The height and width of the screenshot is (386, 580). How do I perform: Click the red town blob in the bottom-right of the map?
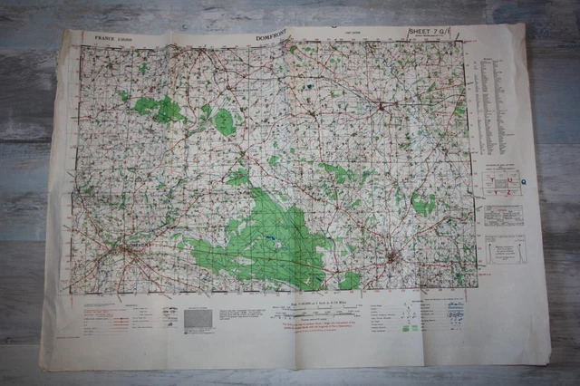pos(392,259)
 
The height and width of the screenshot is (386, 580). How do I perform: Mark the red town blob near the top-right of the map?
pos(382,107)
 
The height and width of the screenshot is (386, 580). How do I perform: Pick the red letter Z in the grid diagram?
pos(508,190)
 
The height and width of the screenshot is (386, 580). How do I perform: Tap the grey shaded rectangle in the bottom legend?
pos(198,319)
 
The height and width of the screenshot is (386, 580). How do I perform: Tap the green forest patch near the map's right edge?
pos(422,206)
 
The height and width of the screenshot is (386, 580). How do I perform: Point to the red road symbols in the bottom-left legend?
pos(101,317)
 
